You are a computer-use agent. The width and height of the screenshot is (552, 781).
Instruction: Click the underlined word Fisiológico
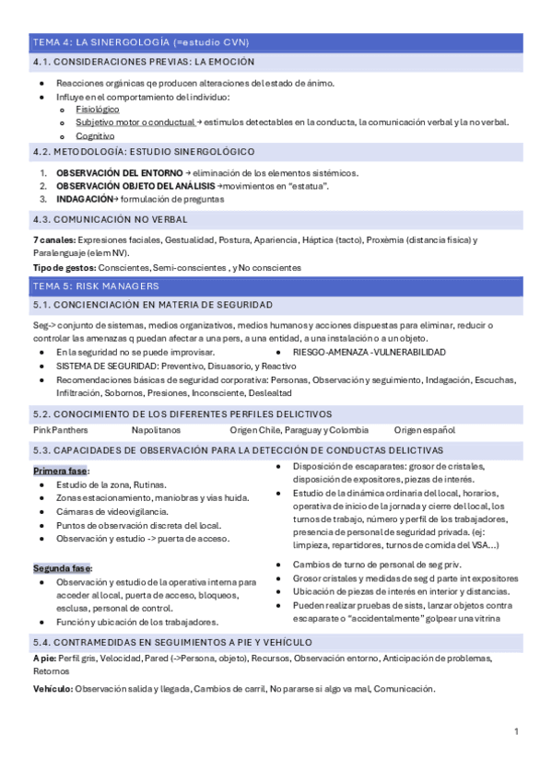[x=98, y=109]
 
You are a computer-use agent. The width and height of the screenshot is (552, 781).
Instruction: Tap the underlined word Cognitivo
[x=96, y=134]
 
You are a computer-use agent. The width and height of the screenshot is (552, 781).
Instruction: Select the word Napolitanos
[x=156, y=430]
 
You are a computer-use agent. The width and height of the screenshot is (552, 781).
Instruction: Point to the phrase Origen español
[x=425, y=430]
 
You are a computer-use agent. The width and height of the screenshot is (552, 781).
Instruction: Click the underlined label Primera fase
[x=61, y=471]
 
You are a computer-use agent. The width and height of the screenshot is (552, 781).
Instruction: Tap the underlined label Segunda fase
[x=63, y=568]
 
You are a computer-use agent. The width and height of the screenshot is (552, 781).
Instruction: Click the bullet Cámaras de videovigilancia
[x=112, y=511]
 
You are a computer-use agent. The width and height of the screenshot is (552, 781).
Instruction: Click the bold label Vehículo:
[x=53, y=689]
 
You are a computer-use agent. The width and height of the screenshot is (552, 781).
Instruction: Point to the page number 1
[x=517, y=730]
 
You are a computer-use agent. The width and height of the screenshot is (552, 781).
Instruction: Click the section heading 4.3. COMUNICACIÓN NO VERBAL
[x=110, y=219]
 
